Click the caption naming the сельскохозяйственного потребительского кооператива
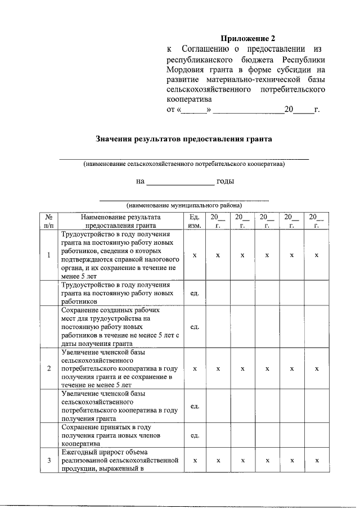point(184,164)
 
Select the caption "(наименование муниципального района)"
point(184,206)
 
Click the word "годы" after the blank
point(226,181)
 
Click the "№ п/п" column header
point(49,221)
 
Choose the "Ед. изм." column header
point(195,221)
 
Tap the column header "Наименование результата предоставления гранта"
point(120,221)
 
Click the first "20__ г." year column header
point(218,221)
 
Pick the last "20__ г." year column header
point(317,221)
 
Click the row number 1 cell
point(49,255)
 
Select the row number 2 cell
point(49,369)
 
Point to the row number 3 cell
point(49,461)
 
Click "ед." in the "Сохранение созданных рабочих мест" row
point(195,327)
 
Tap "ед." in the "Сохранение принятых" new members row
point(195,435)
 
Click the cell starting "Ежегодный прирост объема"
point(120,461)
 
